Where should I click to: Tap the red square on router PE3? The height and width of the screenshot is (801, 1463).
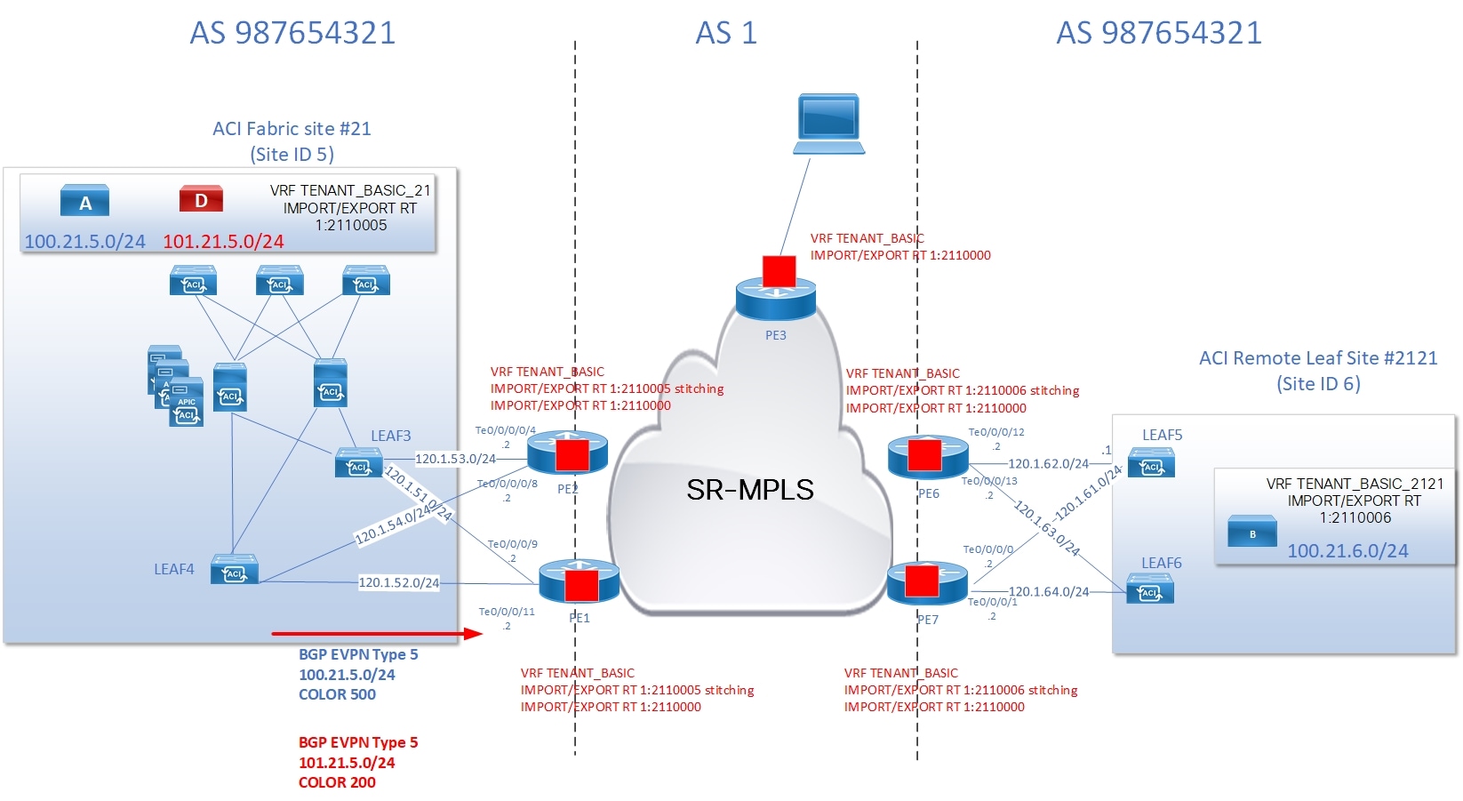pyautogui.click(x=779, y=271)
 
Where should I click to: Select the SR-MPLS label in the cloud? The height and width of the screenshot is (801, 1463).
pyautogui.click(x=749, y=490)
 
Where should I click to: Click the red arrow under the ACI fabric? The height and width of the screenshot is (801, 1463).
pyautogui.click(x=376, y=634)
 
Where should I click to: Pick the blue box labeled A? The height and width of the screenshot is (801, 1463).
pyautogui.click(x=84, y=201)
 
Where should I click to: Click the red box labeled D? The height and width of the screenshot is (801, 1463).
pyautogui.click(x=201, y=199)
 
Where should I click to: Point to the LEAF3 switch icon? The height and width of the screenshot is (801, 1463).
pyautogui.click(x=358, y=464)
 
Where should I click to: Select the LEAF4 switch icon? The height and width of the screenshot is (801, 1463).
pyautogui.click(x=235, y=571)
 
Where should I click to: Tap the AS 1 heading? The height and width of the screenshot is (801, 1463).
pyautogui.click(x=725, y=33)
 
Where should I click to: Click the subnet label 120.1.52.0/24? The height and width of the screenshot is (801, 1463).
pyautogui.click(x=398, y=583)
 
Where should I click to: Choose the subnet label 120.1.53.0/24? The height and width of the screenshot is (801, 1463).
pyautogui.click(x=455, y=459)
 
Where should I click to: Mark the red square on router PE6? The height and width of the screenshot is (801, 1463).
pyautogui.click(x=924, y=453)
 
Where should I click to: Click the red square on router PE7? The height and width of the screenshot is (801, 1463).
pyautogui.click(x=921, y=581)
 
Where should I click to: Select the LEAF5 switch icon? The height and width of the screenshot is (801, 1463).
pyautogui.click(x=1151, y=463)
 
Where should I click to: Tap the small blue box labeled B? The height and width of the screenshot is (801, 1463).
pyautogui.click(x=1251, y=533)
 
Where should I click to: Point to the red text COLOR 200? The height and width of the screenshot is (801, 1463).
pyautogui.click(x=337, y=782)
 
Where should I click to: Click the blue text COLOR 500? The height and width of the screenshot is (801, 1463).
pyautogui.click(x=337, y=694)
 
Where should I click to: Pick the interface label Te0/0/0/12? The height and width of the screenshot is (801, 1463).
pyautogui.click(x=995, y=432)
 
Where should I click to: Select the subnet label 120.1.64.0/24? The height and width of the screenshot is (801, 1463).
pyautogui.click(x=1048, y=591)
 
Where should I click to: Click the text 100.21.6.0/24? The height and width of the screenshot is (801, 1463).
pyautogui.click(x=1347, y=551)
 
